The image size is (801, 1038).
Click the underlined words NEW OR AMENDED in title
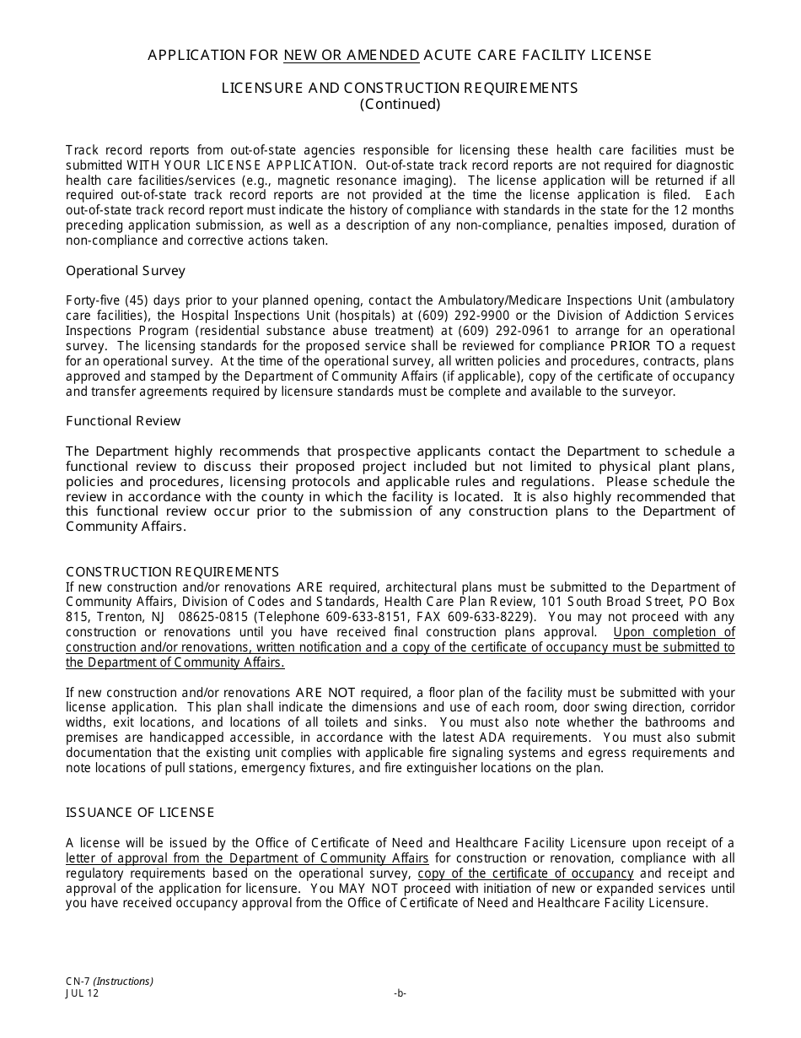click(351, 55)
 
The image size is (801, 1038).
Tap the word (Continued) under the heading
click(400, 104)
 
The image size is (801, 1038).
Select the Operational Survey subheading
click(126, 271)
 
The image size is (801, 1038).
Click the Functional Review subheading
click(123, 420)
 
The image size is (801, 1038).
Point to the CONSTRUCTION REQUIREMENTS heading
click(172, 571)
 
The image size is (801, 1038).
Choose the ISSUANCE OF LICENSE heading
click(140, 812)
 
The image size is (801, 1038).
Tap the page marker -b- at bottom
click(400, 993)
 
